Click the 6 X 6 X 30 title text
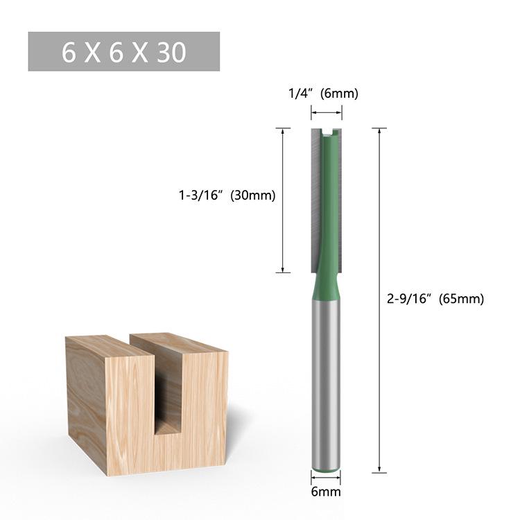click(x=124, y=53)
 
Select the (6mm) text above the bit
click(x=339, y=94)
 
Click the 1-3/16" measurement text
click(x=199, y=196)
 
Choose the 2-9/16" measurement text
click(x=410, y=300)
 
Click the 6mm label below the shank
click(x=326, y=492)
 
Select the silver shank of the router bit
click(x=326, y=388)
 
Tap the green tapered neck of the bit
click(x=326, y=284)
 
